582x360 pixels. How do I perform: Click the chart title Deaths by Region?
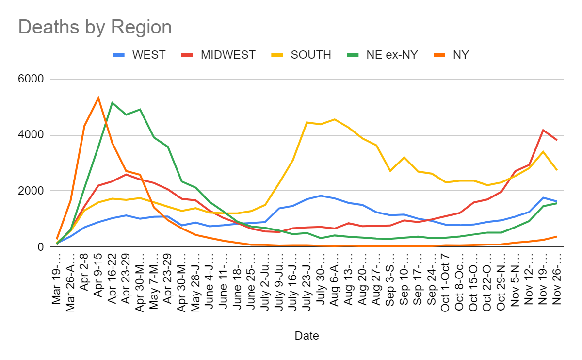[x=95, y=27]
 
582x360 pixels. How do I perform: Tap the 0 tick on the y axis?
[x=41, y=247]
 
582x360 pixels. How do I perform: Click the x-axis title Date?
[x=307, y=335]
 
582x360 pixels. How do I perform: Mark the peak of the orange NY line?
[x=98, y=98]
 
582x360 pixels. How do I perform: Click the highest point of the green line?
[x=113, y=102]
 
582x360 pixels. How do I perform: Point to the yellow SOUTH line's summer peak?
[x=335, y=119]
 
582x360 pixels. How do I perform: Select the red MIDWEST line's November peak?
[x=543, y=130]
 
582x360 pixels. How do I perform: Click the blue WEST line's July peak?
[x=321, y=196]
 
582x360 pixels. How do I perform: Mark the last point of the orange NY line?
[x=557, y=236]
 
